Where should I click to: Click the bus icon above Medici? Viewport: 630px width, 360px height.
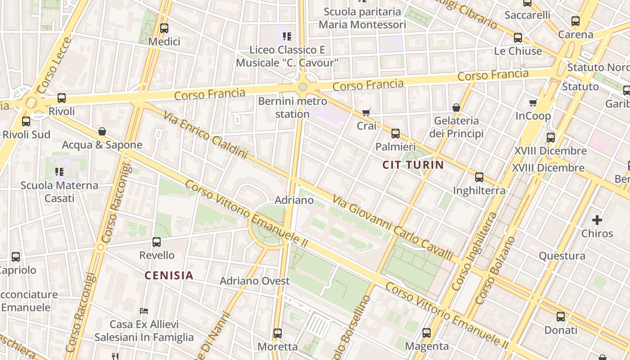point(164,28)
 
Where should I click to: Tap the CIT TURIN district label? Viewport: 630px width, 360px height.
point(413,165)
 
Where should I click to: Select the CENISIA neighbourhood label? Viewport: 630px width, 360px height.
point(169,275)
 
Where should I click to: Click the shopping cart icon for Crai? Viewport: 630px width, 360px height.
point(366,112)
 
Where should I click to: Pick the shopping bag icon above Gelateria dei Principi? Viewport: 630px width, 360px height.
point(456,108)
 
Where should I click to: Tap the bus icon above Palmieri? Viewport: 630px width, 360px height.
point(396,133)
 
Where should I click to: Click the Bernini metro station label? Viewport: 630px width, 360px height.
point(292,108)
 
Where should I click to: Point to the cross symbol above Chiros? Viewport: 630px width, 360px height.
point(597,220)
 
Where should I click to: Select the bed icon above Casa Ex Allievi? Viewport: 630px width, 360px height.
point(144,310)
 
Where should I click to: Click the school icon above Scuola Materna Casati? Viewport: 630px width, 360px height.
point(59,171)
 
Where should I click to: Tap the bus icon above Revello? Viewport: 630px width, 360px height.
point(157,242)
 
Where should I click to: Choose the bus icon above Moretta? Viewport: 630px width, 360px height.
point(278,333)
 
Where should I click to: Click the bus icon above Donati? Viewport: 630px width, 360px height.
point(561,316)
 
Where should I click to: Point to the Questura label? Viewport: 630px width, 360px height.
point(562,256)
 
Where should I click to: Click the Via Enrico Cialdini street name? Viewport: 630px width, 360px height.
point(205,135)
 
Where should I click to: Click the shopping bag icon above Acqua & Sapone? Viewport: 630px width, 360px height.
point(102,131)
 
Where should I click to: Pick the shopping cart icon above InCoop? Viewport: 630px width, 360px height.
point(533,103)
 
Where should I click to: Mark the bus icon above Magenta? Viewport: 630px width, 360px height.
point(427,333)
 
